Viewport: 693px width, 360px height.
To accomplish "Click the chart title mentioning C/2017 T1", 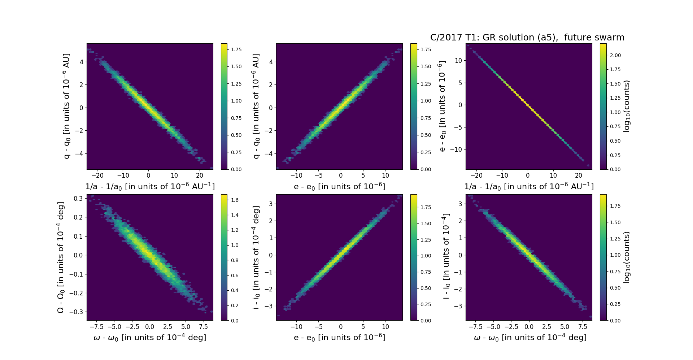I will [x=527, y=38].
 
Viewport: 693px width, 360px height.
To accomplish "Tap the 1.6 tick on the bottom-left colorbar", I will [x=235, y=200].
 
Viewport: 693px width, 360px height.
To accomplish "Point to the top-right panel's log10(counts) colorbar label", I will [x=627, y=106].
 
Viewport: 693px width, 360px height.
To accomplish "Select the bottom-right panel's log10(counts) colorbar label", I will [x=627, y=257].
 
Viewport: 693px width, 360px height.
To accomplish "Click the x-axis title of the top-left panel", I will [x=150, y=186].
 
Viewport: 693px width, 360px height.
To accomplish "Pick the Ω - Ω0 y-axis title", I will [x=61, y=257].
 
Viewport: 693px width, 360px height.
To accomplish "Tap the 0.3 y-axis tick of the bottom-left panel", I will [x=79, y=198].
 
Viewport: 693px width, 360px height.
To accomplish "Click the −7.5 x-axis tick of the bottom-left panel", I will [x=96, y=327].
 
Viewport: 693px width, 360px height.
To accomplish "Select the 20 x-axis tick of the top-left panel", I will [x=200, y=176].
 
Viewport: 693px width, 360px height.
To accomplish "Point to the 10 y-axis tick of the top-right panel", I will [x=458, y=61].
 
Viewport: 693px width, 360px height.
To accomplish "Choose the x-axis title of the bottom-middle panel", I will [x=339, y=337].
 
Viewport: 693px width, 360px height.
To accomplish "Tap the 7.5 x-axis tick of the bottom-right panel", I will [x=583, y=327].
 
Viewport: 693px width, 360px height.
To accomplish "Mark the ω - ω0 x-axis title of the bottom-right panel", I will [x=530, y=337].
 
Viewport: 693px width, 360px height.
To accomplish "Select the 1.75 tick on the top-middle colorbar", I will [x=426, y=49].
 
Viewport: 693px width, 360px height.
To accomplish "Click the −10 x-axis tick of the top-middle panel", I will [x=296, y=176].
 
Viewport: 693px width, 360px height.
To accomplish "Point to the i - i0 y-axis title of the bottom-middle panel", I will [x=256, y=257].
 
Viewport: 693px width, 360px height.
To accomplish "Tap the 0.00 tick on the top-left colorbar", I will [x=236, y=169].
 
